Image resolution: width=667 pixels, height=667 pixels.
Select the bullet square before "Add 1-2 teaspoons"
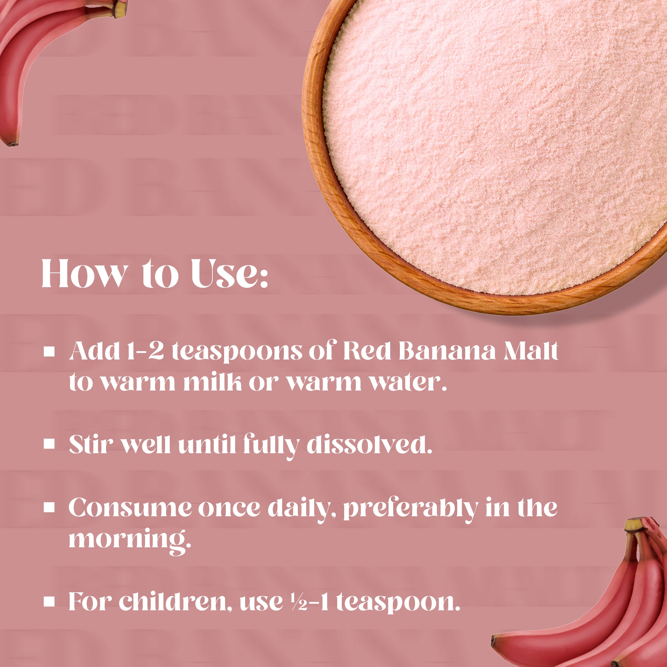[x=49, y=352]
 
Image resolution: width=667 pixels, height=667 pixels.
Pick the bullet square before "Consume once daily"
[x=49, y=508]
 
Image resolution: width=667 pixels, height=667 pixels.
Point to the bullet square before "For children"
[x=49, y=601]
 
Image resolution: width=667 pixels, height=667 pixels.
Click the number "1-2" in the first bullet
[x=145, y=351]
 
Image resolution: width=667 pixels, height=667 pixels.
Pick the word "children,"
[x=175, y=601]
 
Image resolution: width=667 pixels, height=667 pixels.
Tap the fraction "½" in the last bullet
[x=299, y=601]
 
